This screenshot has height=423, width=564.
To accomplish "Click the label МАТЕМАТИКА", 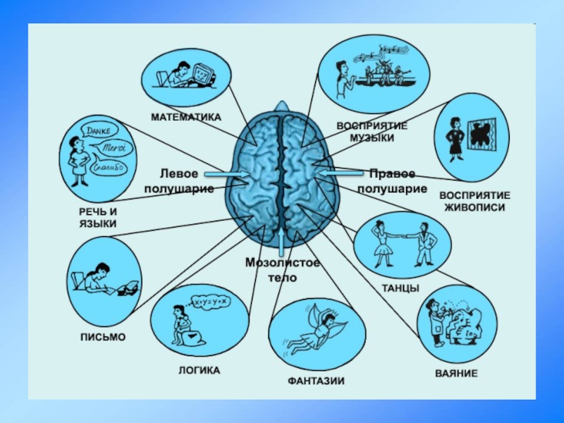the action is click(x=185, y=116).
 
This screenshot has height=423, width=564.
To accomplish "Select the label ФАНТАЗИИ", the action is click(x=315, y=381).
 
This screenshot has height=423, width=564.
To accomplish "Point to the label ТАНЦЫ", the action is click(x=400, y=288).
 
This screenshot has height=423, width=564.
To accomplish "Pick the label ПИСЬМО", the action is click(x=102, y=337).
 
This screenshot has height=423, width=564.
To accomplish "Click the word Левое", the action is click(x=179, y=173).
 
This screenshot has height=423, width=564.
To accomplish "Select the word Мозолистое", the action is click(x=283, y=263).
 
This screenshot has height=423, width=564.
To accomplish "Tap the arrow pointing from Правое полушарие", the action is click(x=340, y=171).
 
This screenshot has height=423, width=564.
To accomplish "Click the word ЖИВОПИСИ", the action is click(x=475, y=208).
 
